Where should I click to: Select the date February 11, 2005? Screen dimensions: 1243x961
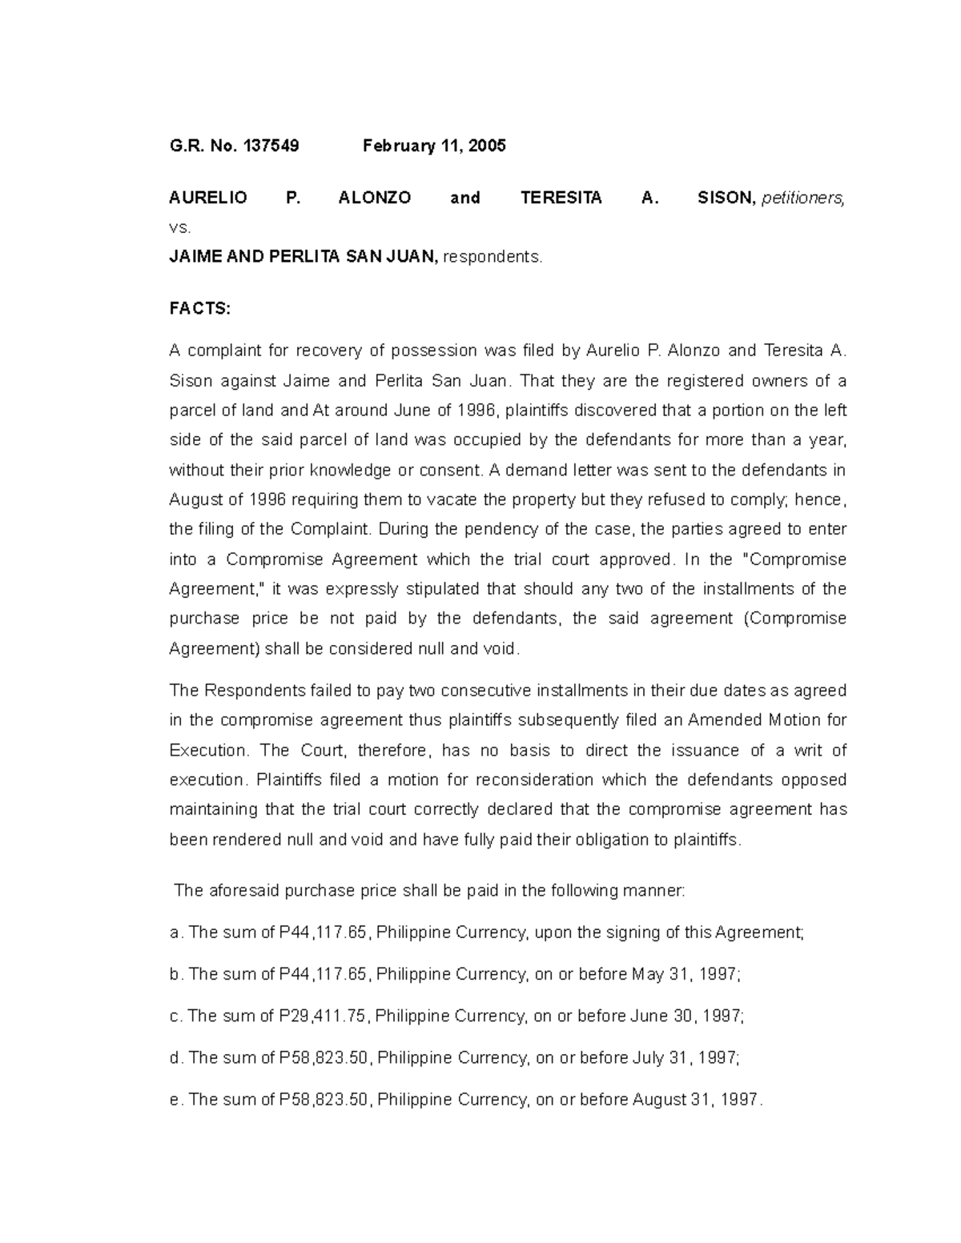(434, 146)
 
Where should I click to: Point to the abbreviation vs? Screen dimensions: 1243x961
(180, 228)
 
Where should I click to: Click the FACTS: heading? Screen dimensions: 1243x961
(199, 309)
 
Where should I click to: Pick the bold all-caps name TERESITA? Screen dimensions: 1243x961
(561, 198)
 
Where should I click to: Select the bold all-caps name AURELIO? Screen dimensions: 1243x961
(208, 198)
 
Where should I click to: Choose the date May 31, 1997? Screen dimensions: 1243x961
(686, 975)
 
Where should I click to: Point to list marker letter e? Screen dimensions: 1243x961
(175, 1100)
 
